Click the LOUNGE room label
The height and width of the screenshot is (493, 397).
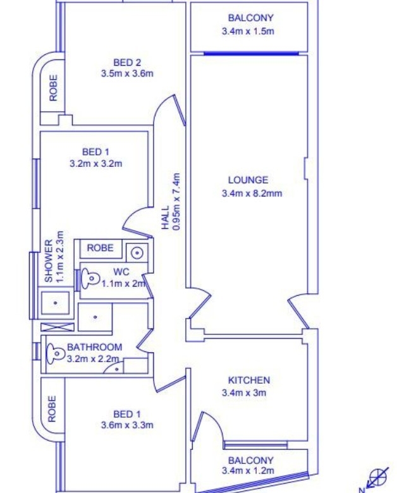(248, 180)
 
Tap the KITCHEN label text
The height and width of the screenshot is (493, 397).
(249, 380)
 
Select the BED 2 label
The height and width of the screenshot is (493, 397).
(127, 63)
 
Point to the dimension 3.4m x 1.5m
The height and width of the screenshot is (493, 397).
(248, 31)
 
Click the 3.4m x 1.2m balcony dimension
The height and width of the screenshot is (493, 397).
(248, 471)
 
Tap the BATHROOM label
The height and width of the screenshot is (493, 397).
(95, 347)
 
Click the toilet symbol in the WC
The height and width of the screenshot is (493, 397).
(90, 278)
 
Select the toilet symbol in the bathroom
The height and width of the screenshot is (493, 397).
(55, 353)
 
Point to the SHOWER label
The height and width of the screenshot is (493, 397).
(49, 261)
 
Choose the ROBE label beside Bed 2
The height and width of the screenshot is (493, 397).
(54, 88)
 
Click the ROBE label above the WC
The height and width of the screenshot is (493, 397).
(100, 248)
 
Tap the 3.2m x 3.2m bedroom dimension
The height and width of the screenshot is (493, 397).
(96, 164)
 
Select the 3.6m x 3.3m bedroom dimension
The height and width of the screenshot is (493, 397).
(127, 425)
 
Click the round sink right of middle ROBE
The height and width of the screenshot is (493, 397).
(137, 253)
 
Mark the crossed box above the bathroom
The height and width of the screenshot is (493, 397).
(58, 327)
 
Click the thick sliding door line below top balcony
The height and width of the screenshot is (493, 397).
(251, 54)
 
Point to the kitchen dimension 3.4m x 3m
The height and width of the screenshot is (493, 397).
(244, 393)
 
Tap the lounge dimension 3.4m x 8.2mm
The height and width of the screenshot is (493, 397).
(252, 193)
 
